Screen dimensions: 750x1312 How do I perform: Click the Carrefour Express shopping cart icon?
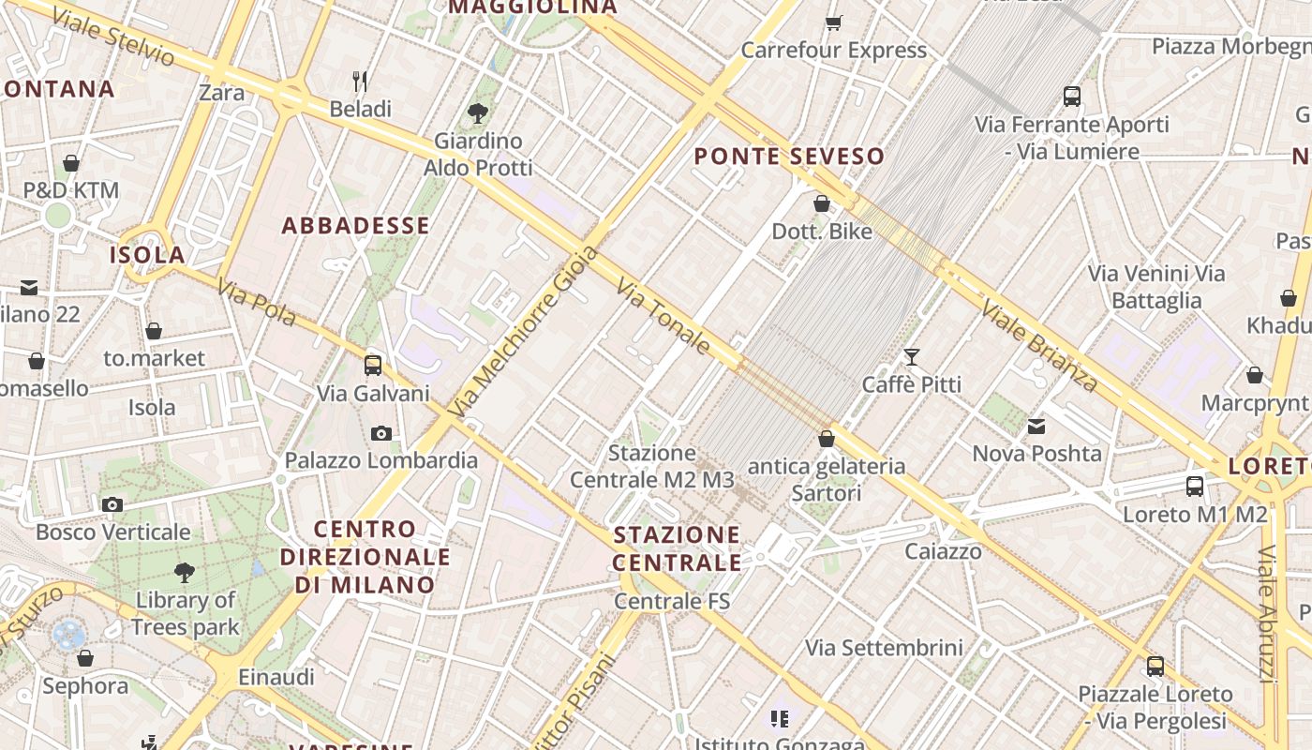tap(833, 22)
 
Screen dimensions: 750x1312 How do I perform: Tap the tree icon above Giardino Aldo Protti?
tap(478, 113)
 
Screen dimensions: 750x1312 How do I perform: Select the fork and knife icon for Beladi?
tap(360, 82)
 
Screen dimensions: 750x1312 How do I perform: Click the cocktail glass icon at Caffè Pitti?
tap(911, 356)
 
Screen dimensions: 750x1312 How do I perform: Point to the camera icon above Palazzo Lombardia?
tap(380, 433)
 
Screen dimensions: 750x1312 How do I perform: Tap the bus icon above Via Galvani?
tap(373, 366)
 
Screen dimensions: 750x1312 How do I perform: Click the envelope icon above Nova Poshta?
tap(1036, 427)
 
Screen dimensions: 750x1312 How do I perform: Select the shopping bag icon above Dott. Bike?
tap(822, 203)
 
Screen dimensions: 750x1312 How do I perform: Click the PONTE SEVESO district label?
tap(789, 157)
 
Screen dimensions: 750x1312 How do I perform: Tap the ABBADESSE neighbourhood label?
tap(356, 226)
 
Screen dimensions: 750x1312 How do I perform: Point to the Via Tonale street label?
tap(663, 316)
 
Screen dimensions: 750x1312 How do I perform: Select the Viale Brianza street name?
tap(1038, 345)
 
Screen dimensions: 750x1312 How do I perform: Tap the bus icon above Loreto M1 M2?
tap(1195, 487)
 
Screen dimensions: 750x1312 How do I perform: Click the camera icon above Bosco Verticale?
tap(112, 505)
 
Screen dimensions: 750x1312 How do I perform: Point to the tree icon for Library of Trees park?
tap(185, 572)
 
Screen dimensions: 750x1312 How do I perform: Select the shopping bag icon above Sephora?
tap(85, 659)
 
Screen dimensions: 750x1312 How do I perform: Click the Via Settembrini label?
tap(884, 648)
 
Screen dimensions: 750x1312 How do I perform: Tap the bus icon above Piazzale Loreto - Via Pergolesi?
tap(1155, 667)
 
